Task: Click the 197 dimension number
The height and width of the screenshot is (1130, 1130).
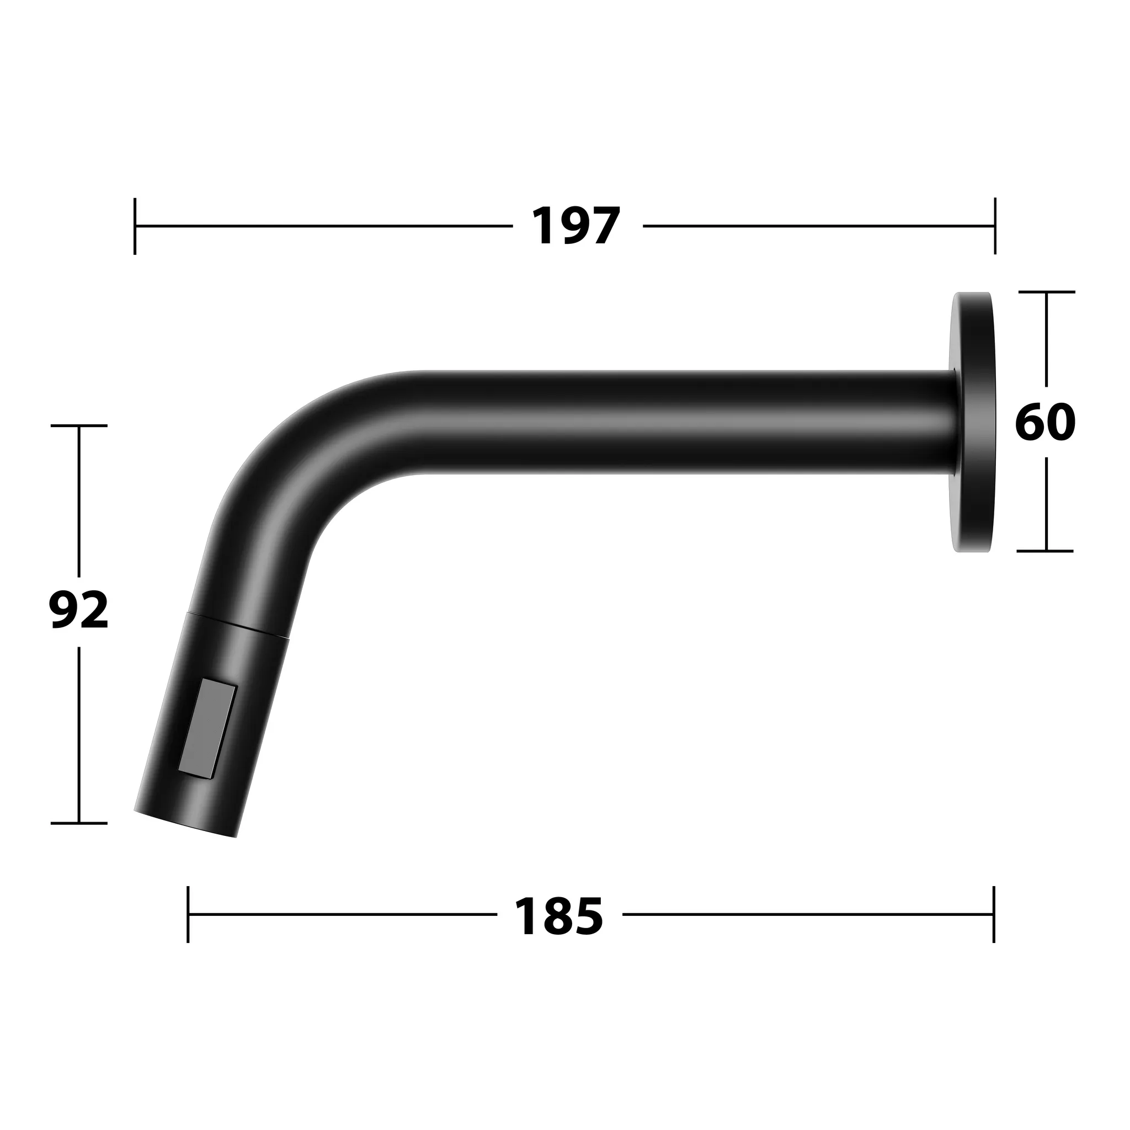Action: [576, 226]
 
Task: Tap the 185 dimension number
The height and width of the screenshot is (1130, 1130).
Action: [558, 916]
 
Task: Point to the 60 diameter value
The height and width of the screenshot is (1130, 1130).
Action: [1045, 422]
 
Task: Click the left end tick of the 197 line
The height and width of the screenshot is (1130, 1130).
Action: [135, 226]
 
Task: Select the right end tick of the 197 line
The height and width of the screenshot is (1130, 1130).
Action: [995, 226]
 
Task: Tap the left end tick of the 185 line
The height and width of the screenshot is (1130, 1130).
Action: [188, 914]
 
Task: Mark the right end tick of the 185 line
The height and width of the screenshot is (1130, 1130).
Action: [994, 914]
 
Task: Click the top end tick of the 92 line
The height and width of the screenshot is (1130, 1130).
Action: [79, 426]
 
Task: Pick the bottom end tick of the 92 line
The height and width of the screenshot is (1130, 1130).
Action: [79, 823]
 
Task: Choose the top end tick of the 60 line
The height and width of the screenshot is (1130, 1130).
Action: [1046, 292]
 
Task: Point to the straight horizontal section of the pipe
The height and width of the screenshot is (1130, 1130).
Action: [673, 422]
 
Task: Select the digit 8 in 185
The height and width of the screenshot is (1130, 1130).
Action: [558, 916]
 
